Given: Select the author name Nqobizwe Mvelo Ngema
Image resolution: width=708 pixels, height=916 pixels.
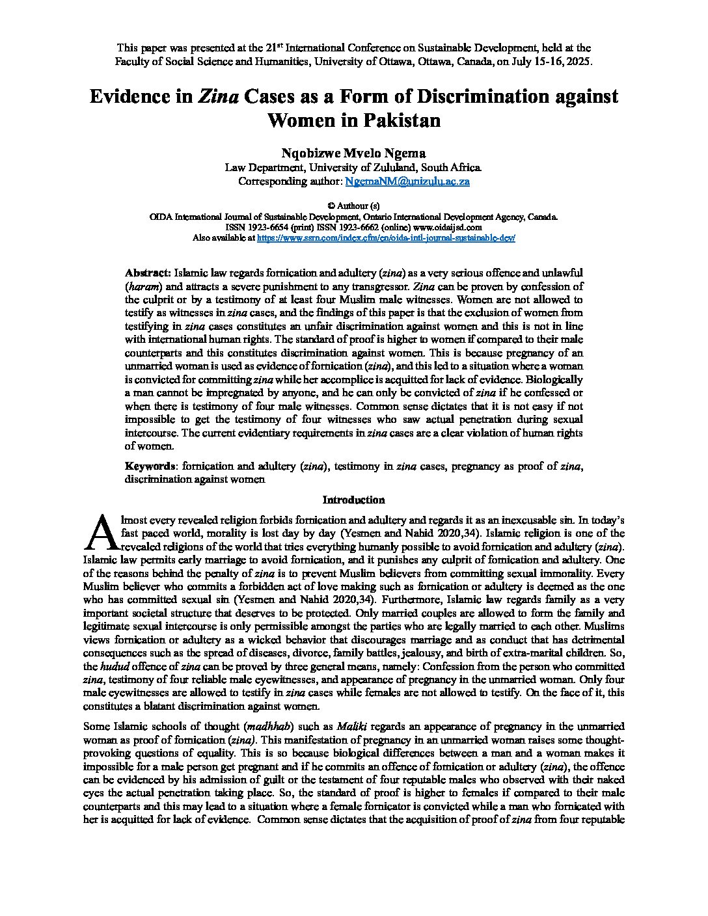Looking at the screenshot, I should [353, 153].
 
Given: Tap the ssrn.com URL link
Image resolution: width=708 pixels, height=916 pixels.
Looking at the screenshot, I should [386, 239].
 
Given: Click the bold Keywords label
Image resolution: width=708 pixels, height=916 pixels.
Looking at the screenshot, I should [150, 466].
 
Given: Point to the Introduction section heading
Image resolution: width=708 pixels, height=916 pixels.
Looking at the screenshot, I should [353, 500].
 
